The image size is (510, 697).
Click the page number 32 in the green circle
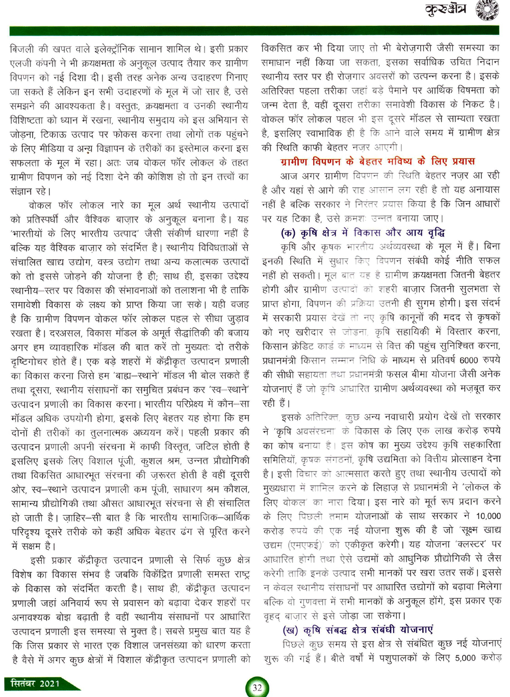coord(257,687)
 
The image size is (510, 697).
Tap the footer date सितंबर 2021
coord(36,683)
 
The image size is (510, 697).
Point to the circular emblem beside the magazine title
coord(487,10)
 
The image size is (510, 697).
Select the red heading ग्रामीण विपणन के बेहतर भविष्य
coord(377,161)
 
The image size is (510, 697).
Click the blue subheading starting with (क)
coord(363,233)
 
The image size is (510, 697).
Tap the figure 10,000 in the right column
coord(488,516)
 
